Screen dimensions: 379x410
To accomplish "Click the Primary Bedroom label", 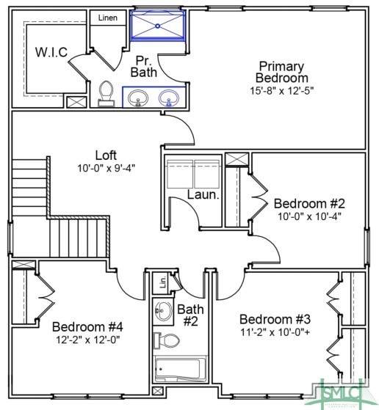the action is point(281,72).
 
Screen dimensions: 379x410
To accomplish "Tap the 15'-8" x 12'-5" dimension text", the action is point(281,91).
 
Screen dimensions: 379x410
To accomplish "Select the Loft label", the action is point(106,155).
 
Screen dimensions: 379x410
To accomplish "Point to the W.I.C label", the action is point(51,52).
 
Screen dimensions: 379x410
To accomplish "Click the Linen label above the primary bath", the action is point(108,18).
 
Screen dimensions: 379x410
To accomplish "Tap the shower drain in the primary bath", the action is point(158,26).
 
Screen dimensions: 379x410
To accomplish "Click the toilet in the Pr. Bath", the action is point(106,94).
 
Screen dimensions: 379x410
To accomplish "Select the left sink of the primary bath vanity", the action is point(138,98).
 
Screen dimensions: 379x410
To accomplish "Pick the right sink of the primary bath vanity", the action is point(169,98).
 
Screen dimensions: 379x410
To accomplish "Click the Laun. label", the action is point(203,194).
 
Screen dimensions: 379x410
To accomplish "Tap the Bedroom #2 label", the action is point(309,203).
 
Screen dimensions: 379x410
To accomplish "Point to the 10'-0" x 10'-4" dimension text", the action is point(309,216).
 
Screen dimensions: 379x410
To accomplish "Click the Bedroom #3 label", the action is point(275,319).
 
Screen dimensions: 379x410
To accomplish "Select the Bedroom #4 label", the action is point(87,326).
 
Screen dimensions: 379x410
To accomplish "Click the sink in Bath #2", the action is point(163,311).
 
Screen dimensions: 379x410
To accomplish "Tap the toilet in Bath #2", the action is point(167,340).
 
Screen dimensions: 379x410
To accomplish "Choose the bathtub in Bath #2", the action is point(180,369).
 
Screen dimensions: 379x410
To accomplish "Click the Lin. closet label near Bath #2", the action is point(163,282).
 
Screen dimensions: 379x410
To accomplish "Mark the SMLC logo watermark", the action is point(342,392).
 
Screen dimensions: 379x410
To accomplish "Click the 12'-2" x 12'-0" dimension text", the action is point(88,340).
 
